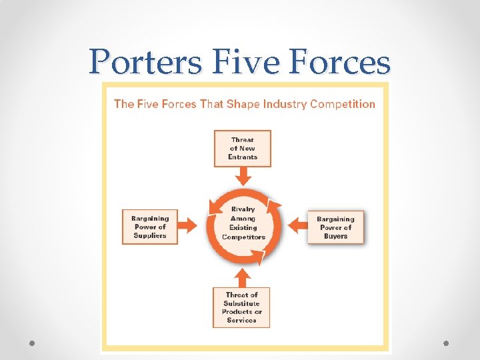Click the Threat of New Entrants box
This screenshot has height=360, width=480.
pyautogui.click(x=243, y=148)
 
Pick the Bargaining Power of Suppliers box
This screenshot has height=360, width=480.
pyautogui.click(x=150, y=227)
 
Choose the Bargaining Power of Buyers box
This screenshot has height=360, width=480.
pyautogui.click(x=335, y=227)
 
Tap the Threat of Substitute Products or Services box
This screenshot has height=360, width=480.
pyautogui.click(x=242, y=307)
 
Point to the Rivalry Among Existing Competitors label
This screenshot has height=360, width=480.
pyautogui.click(x=243, y=223)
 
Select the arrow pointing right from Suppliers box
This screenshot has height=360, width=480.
pyautogui.click(x=189, y=225)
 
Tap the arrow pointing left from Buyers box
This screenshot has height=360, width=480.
pyautogui.click(x=297, y=226)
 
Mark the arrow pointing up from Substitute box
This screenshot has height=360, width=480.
pyautogui.click(x=243, y=276)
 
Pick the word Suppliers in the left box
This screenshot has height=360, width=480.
pyautogui.click(x=150, y=235)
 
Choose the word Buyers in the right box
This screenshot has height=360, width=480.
pyautogui.click(x=335, y=236)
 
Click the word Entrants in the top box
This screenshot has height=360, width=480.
pyautogui.click(x=243, y=157)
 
